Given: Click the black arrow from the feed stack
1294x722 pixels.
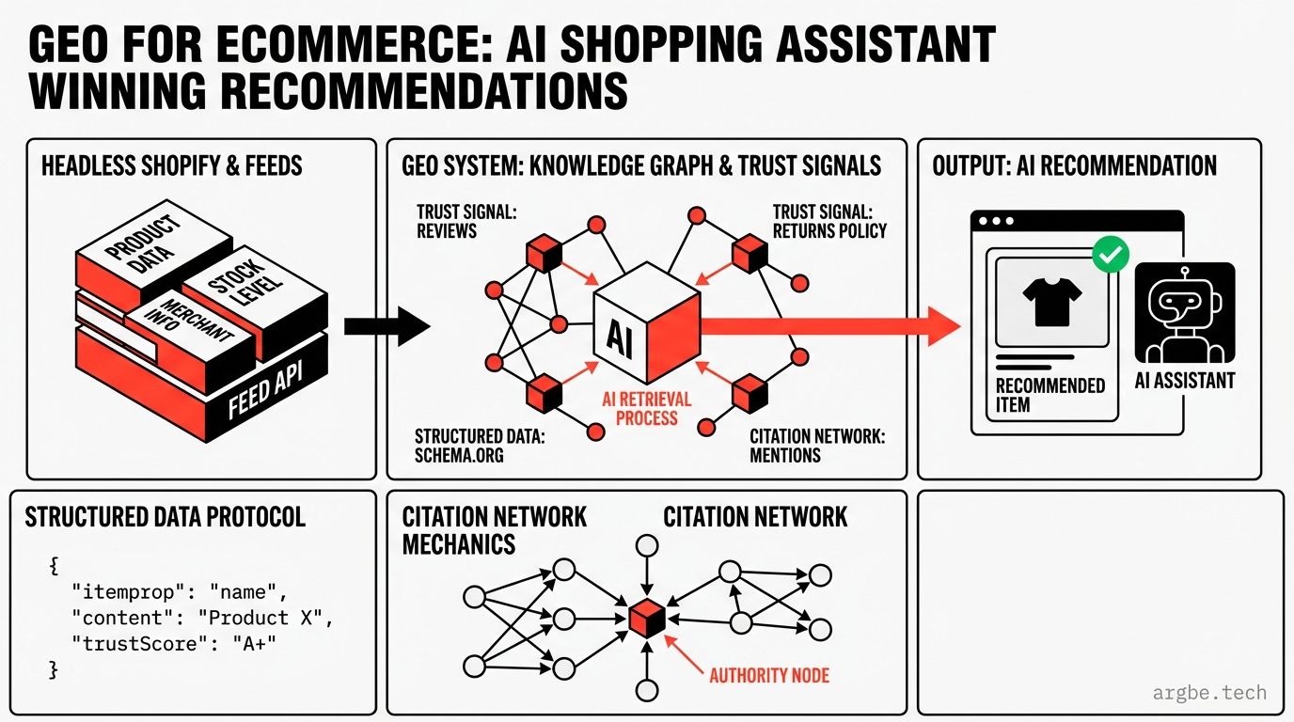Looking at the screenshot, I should coord(386,326).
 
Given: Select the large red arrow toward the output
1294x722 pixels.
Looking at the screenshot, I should coord(828,325).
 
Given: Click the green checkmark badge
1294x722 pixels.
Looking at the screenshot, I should coord(1111,254).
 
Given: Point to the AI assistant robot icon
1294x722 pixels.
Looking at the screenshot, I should coord(1184,313).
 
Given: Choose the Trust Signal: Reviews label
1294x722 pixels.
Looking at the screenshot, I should coord(466,221).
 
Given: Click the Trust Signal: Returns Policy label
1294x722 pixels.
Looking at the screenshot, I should coord(829,221).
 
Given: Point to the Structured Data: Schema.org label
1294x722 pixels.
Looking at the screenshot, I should coord(480,446).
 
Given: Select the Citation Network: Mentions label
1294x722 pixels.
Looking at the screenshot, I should coord(817,446).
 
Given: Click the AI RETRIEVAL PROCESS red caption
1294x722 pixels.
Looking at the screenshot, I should coord(646,408).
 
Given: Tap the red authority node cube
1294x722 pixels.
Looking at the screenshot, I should coord(646,619).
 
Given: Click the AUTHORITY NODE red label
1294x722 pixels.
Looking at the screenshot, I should coord(769,675).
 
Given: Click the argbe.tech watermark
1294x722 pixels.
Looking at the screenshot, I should coord(1209,694).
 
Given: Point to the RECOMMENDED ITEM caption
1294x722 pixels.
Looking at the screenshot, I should coord(1049,395).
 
